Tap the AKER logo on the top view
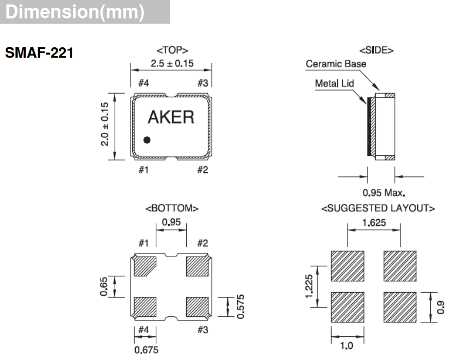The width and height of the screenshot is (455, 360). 171,117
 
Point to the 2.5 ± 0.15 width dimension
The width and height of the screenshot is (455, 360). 171,64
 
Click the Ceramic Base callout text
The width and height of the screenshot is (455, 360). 336,64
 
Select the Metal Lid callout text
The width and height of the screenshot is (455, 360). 334,83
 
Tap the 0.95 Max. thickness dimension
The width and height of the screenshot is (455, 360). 384,193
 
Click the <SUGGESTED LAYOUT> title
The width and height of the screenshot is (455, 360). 378,208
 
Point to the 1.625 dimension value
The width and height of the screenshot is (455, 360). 374,223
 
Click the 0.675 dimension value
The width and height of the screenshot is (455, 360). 146,350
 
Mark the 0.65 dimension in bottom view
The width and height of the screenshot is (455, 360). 105,286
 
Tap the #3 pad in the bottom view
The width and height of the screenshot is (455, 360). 197,307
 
